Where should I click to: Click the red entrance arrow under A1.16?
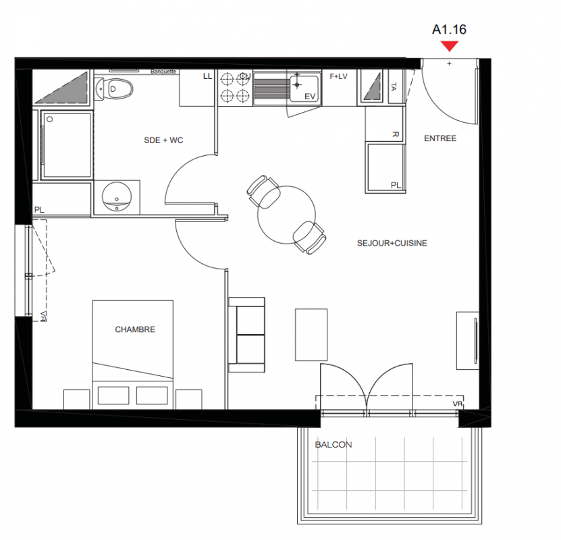point(450,46)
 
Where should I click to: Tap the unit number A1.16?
point(450,29)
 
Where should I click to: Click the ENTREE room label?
point(440,138)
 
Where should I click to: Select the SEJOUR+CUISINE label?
point(392,243)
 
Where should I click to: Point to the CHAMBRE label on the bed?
point(135,329)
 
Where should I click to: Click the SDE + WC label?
point(163,140)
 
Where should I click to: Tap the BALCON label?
point(333,445)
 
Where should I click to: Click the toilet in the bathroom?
point(114,88)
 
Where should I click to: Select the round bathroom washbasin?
point(117,197)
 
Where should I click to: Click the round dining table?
point(287,215)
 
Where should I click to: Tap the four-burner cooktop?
point(235,88)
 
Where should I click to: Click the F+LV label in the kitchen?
point(338,76)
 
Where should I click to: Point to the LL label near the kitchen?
point(207,76)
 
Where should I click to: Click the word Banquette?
point(163,72)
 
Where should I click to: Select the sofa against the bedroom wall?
point(246,335)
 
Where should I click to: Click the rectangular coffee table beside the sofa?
point(311,335)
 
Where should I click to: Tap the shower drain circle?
point(50,119)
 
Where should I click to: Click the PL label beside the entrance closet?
point(396,185)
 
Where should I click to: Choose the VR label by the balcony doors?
point(458,404)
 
